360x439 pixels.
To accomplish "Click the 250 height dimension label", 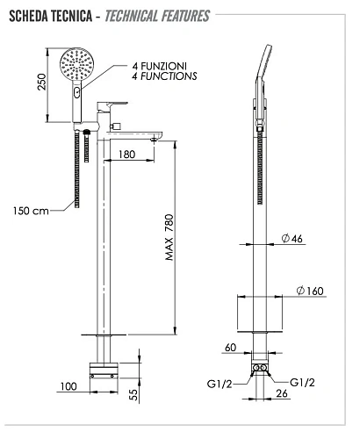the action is (42, 82).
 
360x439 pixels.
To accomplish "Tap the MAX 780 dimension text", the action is (169, 237).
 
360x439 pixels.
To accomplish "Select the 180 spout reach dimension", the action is (126, 154).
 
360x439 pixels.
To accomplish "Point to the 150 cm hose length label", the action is (31, 211).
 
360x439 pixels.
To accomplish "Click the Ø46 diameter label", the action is (292, 238).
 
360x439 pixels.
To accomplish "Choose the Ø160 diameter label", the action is (310, 291).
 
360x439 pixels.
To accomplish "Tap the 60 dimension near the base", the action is (230, 348).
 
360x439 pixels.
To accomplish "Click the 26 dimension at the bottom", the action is (282, 393).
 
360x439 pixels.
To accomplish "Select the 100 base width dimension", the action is (68, 386).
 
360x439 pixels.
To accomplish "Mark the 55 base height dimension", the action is (133, 394).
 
